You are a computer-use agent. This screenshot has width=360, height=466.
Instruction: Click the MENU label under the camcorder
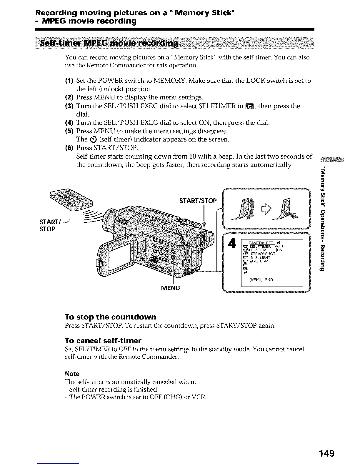(x=171, y=287)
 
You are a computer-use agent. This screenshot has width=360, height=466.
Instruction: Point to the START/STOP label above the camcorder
(x=198, y=201)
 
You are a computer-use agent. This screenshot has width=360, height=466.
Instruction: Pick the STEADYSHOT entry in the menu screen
(x=263, y=254)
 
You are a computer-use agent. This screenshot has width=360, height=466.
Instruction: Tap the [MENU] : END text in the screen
(x=261, y=280)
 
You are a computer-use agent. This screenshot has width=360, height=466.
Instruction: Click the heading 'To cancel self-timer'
(x=103, y=341)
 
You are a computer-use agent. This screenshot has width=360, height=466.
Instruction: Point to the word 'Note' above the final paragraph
(x=72, y=374)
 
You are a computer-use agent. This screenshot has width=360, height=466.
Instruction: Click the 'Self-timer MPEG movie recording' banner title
(x=109, y=44)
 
